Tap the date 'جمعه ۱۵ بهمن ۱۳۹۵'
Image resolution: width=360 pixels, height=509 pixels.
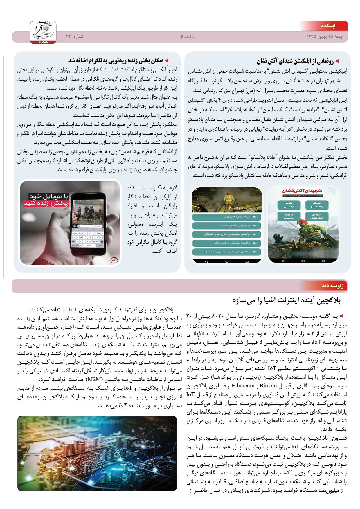click(325, 37)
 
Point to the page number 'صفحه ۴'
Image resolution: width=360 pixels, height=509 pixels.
click(188, 37)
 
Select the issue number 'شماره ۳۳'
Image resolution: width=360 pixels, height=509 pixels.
click(75, 36)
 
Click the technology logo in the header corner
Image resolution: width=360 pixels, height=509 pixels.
click(43, 32)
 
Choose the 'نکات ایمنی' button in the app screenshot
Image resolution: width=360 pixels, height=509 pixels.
click(289, 205)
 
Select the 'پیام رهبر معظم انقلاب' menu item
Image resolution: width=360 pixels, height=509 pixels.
click(226, 225)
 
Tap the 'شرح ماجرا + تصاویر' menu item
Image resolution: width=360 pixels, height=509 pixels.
click(226, 217)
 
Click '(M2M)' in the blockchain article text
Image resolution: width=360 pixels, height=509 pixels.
click(93, 379)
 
